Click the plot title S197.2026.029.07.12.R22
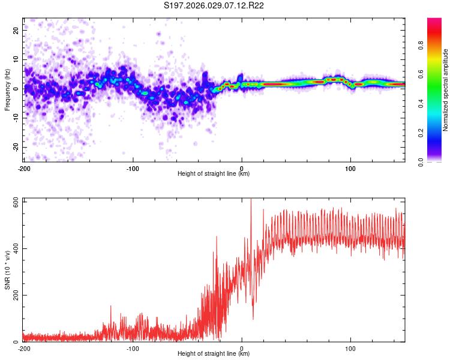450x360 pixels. click(x=214, y=6)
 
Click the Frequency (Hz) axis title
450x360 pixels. click(x=7, y=90)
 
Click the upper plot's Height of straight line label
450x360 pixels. click(x=214, y=173)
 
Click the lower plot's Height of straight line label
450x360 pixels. click(x=214, y=353)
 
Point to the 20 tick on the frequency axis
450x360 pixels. click(x=16, y=30)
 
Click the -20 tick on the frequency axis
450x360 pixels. click(x=15, y=147)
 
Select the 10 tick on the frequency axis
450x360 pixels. click(x=16, y=59)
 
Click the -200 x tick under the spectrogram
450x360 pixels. click(x=25, y=167)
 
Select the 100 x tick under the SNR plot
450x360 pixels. click(x=350, y=347)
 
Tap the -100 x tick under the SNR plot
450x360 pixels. click(x=133, y=347)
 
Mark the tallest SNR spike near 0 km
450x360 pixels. click(x=251, y=200)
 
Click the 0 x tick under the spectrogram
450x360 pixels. click(x=242, y=167)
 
